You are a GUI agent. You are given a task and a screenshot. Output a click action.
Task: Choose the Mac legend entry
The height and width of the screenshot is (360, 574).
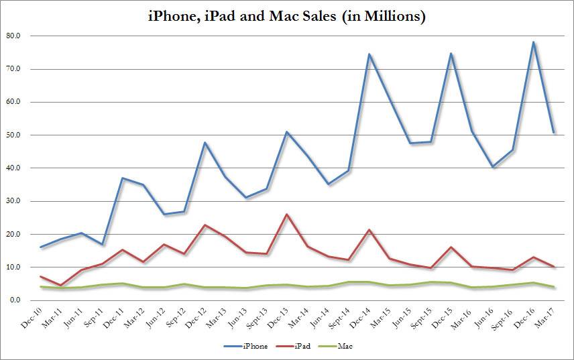point(344,346)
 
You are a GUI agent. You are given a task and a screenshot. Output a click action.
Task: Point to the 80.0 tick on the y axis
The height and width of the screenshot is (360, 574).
point(14,36)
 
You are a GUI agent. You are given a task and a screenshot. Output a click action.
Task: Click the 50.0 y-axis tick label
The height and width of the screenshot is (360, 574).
point(14,135)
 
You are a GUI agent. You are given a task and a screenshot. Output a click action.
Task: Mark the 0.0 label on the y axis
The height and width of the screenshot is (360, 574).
point(15,300)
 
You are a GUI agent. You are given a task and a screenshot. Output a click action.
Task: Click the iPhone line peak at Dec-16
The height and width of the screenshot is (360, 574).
point(533,42)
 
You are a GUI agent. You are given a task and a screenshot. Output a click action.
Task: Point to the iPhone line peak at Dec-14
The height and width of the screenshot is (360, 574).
point(369,54)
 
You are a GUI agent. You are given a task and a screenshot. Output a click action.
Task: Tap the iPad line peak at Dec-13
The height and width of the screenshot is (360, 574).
point(287,215)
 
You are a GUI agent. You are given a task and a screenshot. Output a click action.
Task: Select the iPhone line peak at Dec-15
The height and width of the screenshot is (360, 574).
point(451,53)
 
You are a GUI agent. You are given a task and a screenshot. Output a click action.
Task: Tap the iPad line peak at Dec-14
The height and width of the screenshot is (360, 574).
point(369,230)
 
